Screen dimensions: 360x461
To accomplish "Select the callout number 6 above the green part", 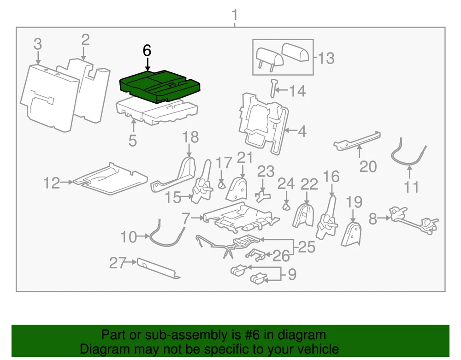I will coord(147,51).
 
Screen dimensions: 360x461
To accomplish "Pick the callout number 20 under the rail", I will coord(368,166).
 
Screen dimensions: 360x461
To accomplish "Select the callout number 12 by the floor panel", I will coord(52,183).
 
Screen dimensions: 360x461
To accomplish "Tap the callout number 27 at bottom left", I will coord(117,263).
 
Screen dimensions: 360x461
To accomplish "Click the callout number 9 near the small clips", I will coord(292,275).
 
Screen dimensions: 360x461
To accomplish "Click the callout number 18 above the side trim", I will coord(190,137).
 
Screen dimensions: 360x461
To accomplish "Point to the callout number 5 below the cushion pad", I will coord(133,141).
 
